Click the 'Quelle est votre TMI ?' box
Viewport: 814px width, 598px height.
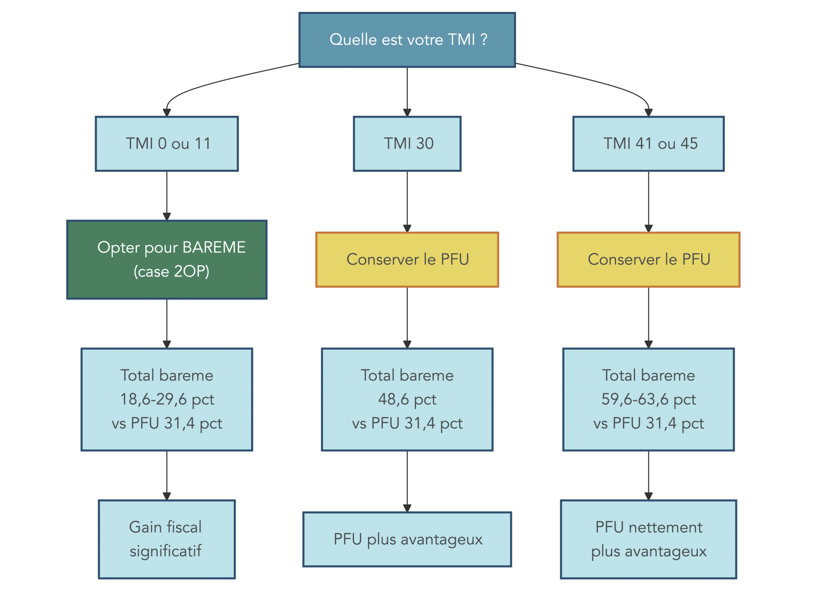click(407, 40)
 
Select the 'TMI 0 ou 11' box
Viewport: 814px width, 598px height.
click(167, 144)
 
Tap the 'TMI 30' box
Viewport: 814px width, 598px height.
click(407, 144)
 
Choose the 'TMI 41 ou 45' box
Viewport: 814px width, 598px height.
click(648, 144)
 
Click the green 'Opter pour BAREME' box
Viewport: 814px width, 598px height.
click(167, 260)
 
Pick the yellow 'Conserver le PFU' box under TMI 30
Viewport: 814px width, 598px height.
click(407, 260)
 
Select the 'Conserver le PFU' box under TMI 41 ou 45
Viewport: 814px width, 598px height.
click(648, 260)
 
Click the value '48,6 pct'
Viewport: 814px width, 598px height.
click(407, 399)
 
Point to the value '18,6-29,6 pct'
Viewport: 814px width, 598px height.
click(167, 399)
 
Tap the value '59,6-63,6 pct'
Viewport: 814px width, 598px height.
click(648, 399)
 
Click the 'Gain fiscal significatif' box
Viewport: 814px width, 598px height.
click(167, 539)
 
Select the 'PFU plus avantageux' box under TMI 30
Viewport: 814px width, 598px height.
click(407, 539)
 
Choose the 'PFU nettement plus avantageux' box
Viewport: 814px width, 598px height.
click(648, 539)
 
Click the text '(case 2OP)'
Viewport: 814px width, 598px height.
click(171, 271)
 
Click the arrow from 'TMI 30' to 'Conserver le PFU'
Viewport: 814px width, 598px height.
click(407, 202)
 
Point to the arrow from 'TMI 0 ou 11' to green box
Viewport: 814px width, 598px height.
click(167, 195)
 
